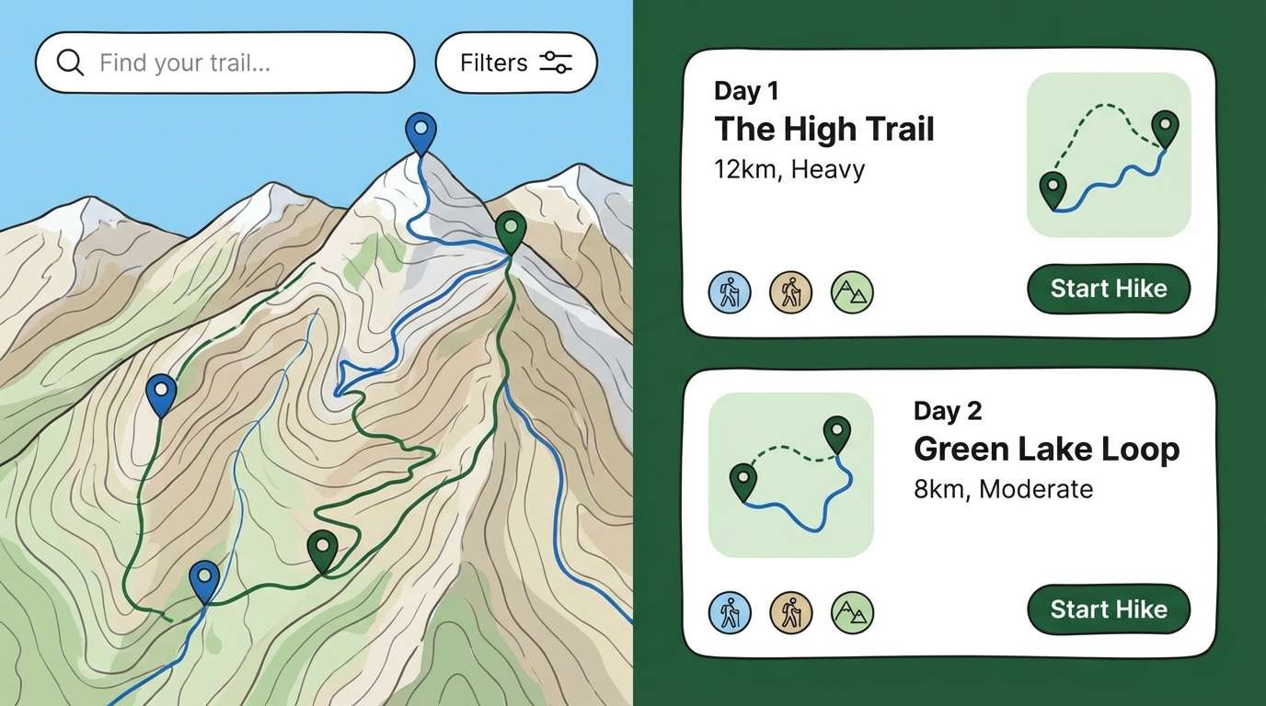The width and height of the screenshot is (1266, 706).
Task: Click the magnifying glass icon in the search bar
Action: (x=70, y=63)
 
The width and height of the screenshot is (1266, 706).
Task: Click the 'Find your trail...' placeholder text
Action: (x=185, y=63)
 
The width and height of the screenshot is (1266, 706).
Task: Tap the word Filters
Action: (x=494, y=63)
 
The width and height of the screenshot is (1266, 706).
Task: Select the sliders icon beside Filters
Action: (x=556, y=63)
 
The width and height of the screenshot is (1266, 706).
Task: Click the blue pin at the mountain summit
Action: (x=420, y=131)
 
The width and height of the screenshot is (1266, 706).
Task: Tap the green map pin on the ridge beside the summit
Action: (x=511, y=230)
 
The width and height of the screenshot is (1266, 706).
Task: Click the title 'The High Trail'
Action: (x=823, y=129)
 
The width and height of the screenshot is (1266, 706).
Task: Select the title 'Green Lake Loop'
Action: (x=1046, y=450)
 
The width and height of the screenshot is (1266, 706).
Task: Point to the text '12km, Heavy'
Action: (x=788, y=170)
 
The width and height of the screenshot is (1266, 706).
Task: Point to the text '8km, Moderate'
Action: (x=1003, y=488)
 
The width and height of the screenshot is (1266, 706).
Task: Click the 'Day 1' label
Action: (x=745, y=91)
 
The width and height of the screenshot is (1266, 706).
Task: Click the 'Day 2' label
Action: (x=948, y=411)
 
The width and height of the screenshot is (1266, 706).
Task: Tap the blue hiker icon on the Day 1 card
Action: (x=730, y=292)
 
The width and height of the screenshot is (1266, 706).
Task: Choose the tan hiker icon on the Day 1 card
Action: (x=790, y=292)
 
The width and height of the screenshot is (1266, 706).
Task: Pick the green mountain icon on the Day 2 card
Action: (x=852, y=613)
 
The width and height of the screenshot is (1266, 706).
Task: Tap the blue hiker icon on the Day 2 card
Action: (x=730, y=613)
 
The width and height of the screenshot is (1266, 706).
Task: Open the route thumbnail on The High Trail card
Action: (x=1109, y=154)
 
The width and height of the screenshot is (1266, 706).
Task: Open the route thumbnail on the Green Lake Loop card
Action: (x=790, y=474)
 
